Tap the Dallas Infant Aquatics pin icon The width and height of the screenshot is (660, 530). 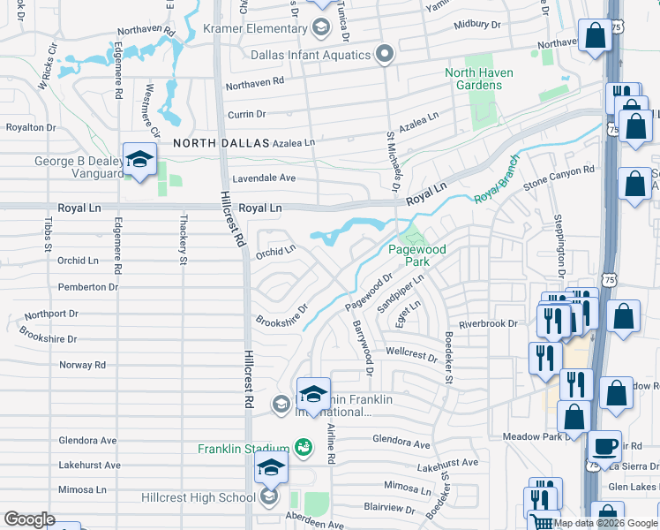384,55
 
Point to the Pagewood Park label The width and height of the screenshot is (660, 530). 416,256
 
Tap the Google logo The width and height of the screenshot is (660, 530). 29,519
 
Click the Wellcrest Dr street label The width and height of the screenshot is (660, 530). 411,355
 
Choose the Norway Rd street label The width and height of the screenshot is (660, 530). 82,365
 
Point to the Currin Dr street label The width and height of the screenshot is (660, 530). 246,114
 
